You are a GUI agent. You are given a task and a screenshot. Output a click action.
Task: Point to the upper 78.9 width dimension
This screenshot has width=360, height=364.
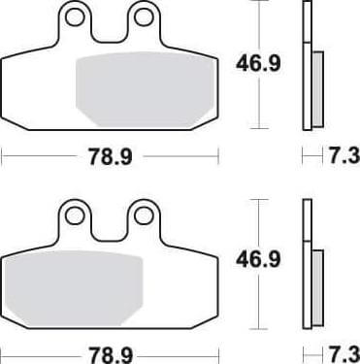[x=112, y=154]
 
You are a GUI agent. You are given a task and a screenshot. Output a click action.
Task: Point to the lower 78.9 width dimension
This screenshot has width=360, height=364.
[x=112, y=350]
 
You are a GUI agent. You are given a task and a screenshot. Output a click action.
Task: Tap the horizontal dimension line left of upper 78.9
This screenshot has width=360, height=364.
[x=39, y=154]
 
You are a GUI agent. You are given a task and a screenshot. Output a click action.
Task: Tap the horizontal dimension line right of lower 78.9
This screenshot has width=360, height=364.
[x=184, y=350]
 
